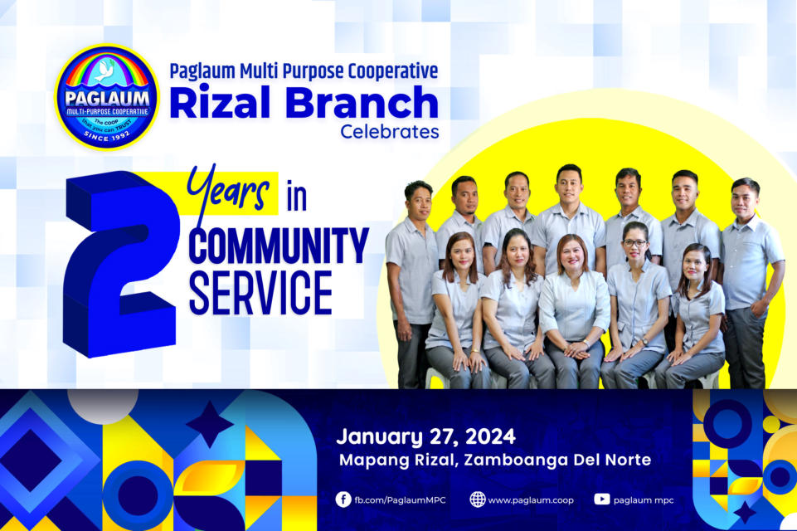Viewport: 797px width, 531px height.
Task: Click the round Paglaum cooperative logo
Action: coord(107,96)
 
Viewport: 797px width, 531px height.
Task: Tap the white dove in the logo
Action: coord(105,71)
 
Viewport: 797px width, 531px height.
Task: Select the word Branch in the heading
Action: coord(362,102)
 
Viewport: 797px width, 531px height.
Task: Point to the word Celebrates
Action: coord(389,132)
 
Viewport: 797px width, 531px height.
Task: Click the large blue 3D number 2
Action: coord(121,264)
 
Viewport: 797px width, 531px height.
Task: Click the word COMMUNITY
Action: coord(279,246)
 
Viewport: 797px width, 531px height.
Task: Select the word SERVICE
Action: coord(260,294)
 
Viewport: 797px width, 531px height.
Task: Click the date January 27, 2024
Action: coord(426,437)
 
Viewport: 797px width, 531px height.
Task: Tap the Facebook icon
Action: coord(343,499)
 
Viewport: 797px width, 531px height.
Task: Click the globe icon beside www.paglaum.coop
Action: coord(477,499)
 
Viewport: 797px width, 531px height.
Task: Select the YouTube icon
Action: coord(602,499)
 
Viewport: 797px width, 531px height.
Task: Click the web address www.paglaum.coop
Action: coord(531,500)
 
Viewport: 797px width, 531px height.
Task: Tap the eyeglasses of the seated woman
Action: coord(634,243)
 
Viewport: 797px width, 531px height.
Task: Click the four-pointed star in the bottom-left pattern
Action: coord(209,424)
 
